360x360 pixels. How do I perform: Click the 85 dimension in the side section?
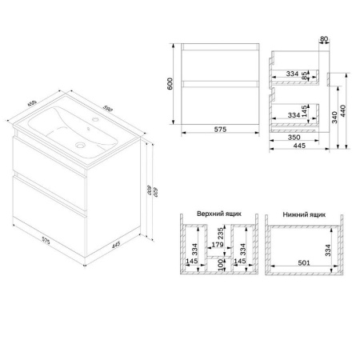(x=305, y=77)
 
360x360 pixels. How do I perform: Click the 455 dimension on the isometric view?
(x=33, y=103)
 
